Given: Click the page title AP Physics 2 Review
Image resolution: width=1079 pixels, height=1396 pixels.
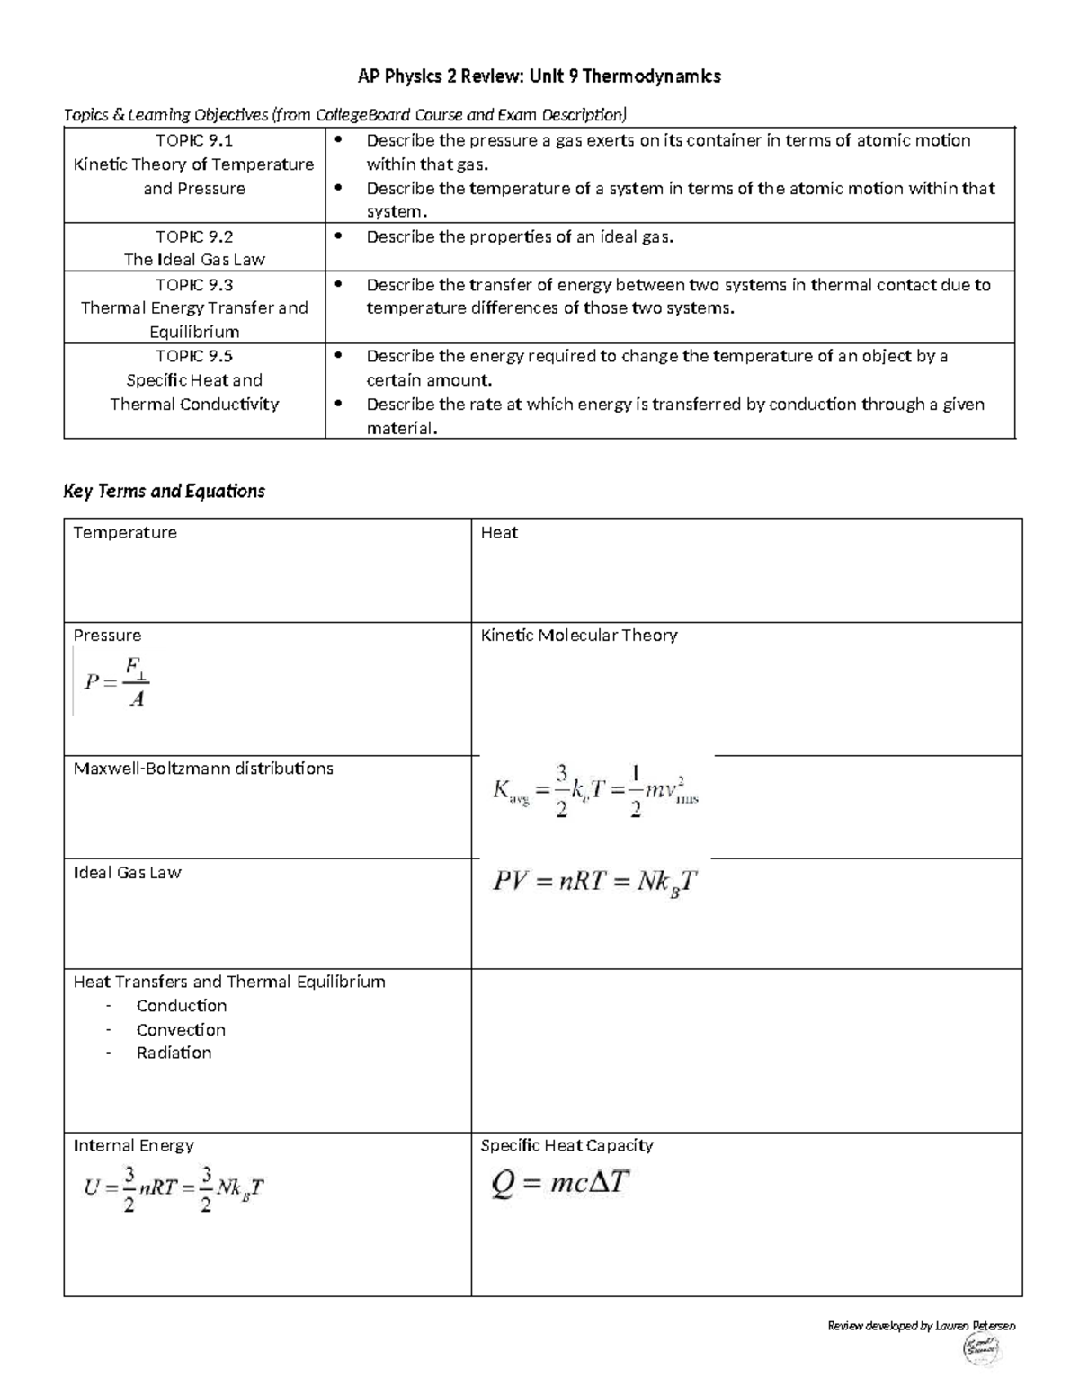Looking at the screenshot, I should pyautogui.click(x=539, y=76).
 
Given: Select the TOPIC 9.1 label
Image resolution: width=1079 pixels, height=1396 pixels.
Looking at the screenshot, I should pyautogui.click(x=194, y=140).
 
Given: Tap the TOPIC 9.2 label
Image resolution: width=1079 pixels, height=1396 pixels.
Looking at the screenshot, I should pyautogui.click(x=194, y=236).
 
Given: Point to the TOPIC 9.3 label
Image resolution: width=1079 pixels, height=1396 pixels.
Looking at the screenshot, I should pyautogui.click(x=194, y=285).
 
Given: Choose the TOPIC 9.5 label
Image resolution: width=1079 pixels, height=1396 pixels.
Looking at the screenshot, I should pyautogui.click(x=194, y=356).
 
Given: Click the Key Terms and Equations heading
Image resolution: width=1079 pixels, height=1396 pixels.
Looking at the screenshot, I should pyautogui.click(x=165, y=491).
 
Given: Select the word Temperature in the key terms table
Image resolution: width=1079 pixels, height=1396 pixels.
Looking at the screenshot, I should pyautogui.click(x=125, y=533).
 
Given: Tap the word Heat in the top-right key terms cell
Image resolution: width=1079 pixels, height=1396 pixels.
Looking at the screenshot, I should pyautogui.click(x=499, y=533).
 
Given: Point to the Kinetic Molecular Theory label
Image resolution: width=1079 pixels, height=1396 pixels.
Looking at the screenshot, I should pyautogui.click(x=579, y=636).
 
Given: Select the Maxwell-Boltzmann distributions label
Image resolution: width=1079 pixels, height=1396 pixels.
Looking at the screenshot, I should pyautogui.click(x=203, y=769).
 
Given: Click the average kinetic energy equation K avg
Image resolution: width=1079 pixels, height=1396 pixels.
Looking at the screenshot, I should pyautogui.click(x=595, y=791).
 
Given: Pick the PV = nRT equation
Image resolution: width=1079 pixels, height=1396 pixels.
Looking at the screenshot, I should pyautogui.click(x=594, y=882).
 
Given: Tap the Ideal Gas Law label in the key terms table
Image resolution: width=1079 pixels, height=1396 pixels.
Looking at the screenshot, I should pyautogui.click(x=127, y=873).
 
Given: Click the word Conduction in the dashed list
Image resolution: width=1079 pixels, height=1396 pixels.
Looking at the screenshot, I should pyautogui.click(x=182, y=1006).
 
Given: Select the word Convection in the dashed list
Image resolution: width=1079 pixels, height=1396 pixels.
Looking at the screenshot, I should pyautogui.click(x=181, y=1030).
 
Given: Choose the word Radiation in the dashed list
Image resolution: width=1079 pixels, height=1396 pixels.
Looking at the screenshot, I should pyautogui.click(x=174, y=1053).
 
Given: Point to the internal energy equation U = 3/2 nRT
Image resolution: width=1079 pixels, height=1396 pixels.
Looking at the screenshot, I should pyautogui.click(x=174, y=1188).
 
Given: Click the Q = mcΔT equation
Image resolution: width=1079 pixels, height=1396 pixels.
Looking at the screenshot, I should pyautogui.click(x=559, y=1183).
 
